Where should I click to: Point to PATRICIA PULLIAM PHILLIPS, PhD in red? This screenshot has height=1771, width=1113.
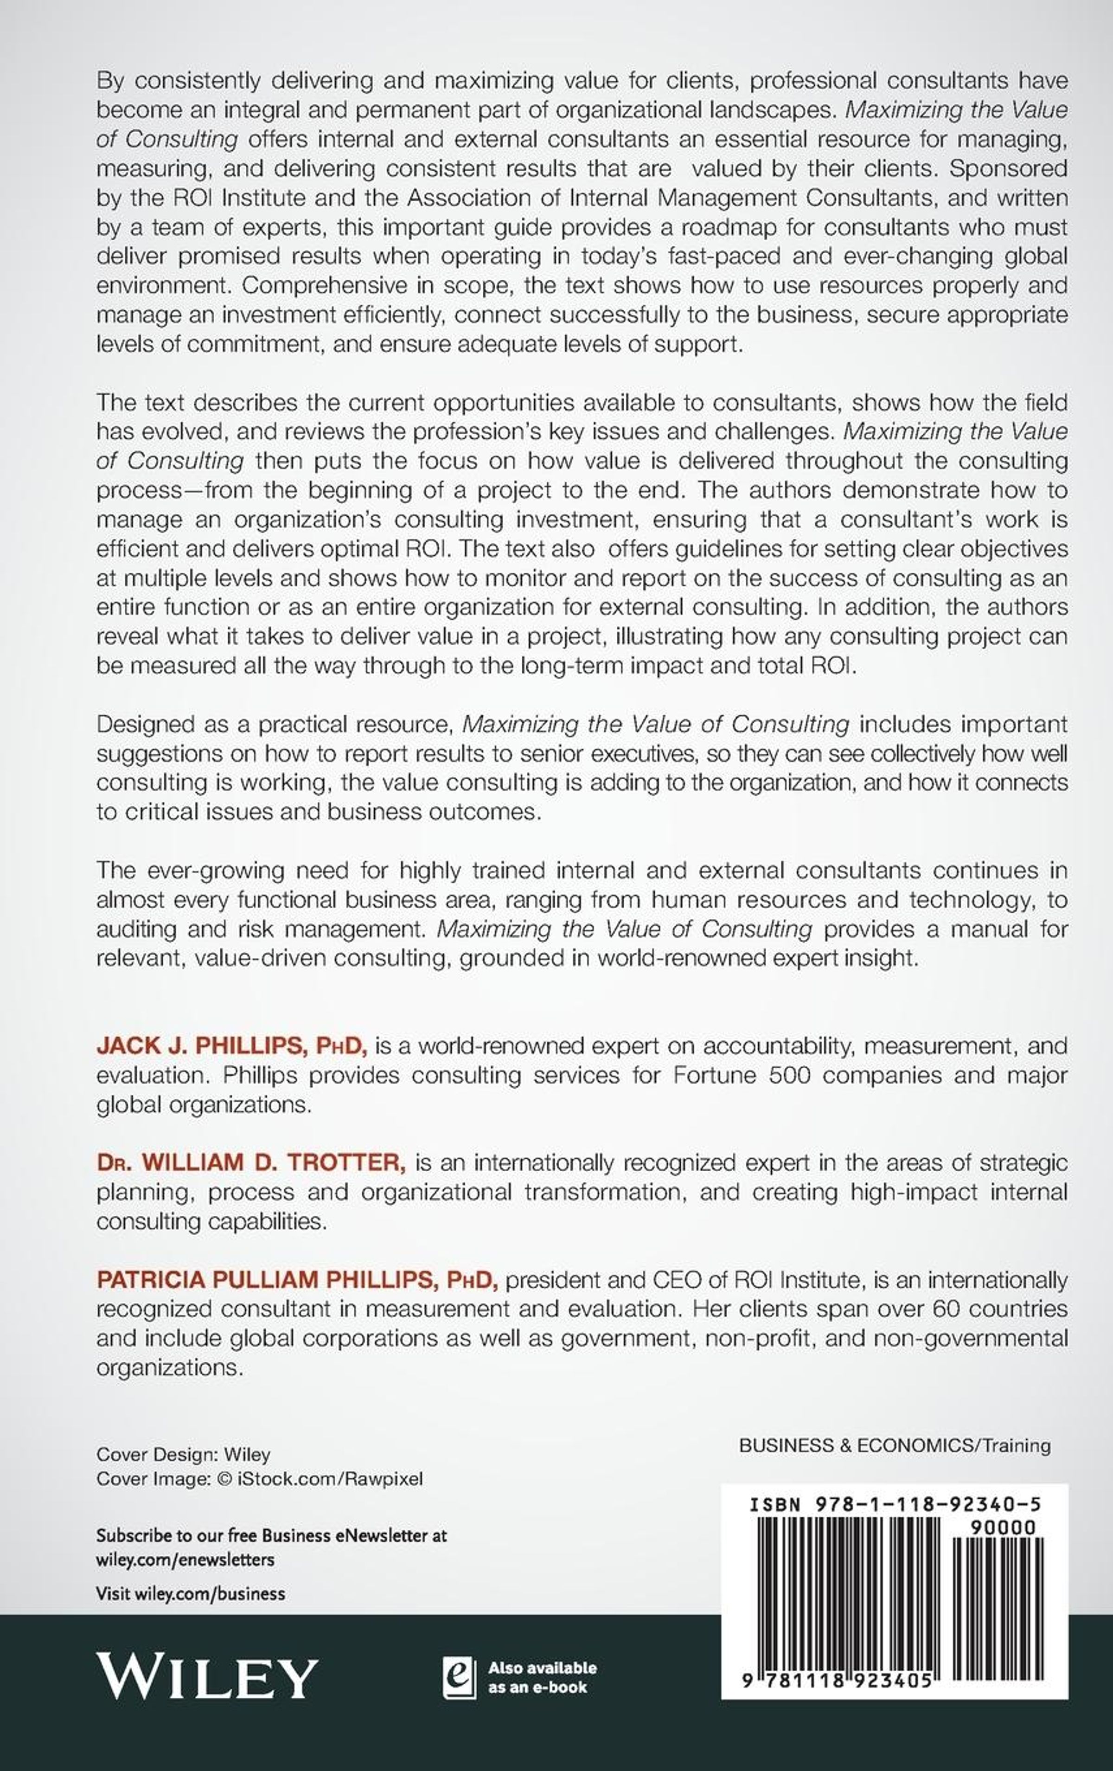pyautogui.click(x=298, y=1280)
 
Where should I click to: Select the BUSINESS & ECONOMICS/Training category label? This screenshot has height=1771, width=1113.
pyautogui.click(x=895, y=1445)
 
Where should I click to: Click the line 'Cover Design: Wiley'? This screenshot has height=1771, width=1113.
pyautogui.click(x=183, y=1454)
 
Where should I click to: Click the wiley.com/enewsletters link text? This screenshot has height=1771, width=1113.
pyautogui.click(x=185, y=1559)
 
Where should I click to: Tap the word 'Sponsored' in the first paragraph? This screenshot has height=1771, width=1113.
pyautogui.click(x=1009, y=168)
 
